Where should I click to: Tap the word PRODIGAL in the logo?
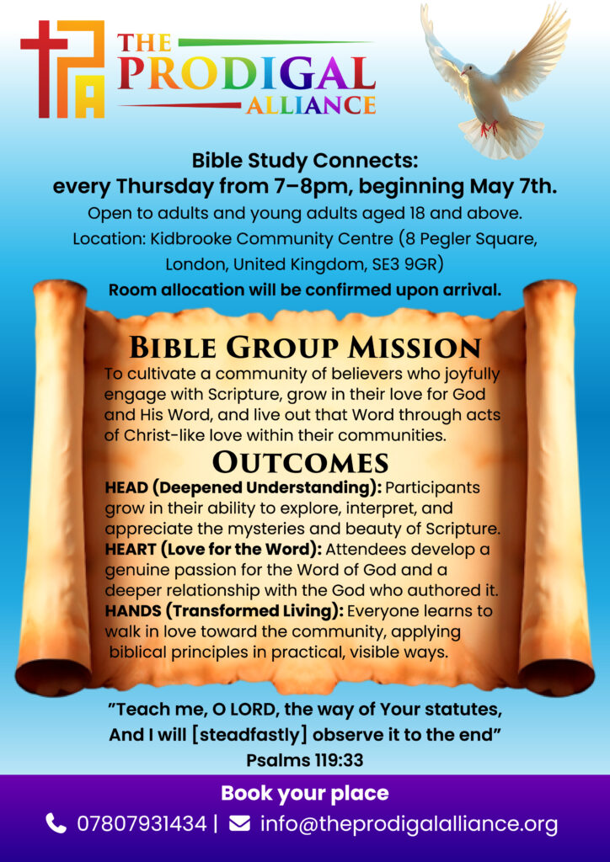point(246,72)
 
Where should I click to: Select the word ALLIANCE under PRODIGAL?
point(312,104)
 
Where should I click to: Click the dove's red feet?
point(489,128)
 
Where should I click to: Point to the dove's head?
point(469,70)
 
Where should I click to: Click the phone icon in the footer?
point(56,823)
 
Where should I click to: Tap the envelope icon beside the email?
point(239,823)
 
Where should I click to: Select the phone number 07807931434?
point(142,823)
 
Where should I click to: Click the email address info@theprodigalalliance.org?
point(409,824)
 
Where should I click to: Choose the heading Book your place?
point(305,793)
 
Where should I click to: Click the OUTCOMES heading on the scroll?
point(301,463)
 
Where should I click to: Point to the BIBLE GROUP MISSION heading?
point(305,348)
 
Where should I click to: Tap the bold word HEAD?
point(125,487)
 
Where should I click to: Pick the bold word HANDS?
point(129,611)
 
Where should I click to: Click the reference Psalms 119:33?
point(305,760)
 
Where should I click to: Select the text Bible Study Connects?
point(305,161)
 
